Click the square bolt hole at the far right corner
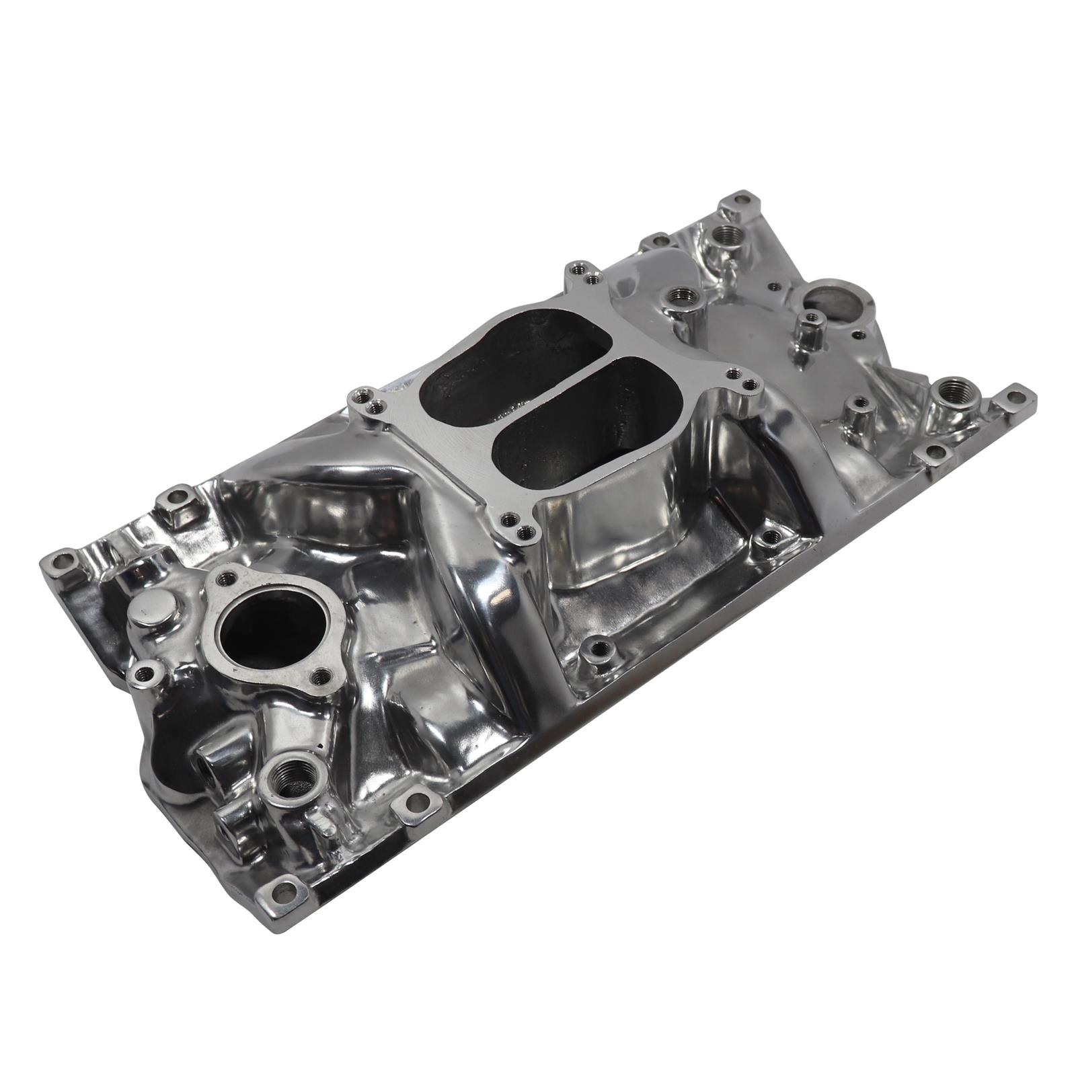[1016, 396]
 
